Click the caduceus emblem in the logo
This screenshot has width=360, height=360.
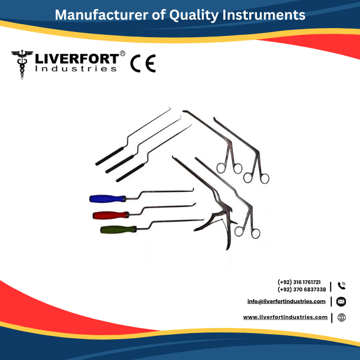[22, 65]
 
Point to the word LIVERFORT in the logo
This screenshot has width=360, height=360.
[76, 58]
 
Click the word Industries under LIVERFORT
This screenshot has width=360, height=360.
[76, 69]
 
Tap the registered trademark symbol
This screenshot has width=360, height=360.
[123, 54]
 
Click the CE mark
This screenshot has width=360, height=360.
[143, 64]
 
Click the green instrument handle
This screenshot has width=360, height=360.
[118, 229]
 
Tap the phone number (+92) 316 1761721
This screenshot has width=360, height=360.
[299, 282]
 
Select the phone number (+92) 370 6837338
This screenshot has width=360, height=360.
[301, 289]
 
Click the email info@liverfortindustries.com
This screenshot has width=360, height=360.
[286, 301]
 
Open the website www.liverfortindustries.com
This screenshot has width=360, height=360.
[285, 317]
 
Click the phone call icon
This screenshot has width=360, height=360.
[341, 286]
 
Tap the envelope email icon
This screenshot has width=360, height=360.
[341, 302]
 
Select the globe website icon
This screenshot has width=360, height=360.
[341, 318]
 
